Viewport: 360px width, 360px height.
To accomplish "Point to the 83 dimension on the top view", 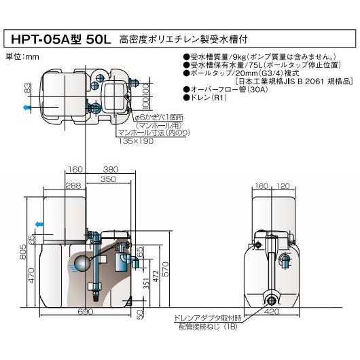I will pyautogui.click(x=28, y=89).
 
